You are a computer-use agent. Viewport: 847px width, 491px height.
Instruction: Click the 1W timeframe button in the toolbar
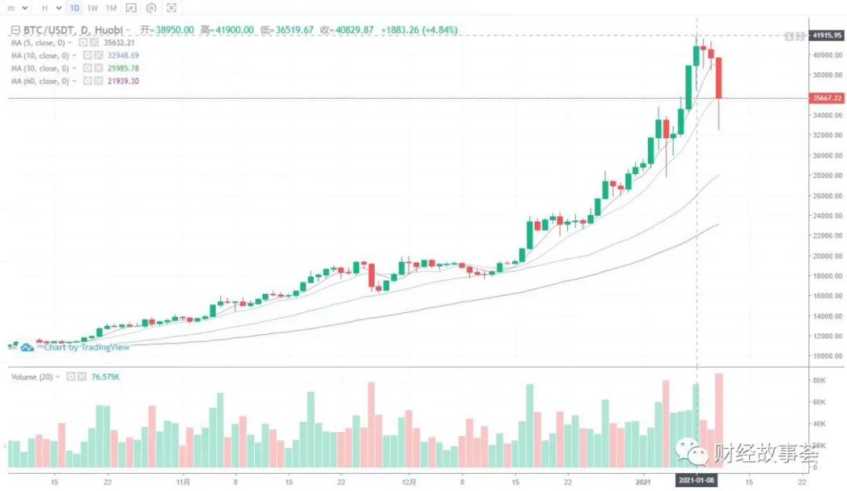coord(93,8)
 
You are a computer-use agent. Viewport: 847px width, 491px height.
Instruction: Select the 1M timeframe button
coord(111,8)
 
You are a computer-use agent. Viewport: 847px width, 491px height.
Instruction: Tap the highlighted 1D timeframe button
coord(75,8)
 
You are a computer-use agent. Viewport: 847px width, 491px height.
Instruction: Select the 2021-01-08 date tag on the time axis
coord(697,478)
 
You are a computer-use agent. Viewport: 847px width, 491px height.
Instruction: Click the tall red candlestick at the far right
coord(718,78)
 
